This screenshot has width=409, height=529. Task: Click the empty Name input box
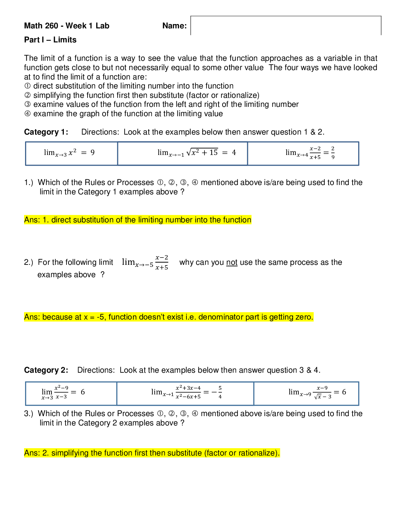click(286, 26)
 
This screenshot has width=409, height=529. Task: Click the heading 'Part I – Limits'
click(50, 40)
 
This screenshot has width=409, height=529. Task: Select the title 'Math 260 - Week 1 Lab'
click(66, 26)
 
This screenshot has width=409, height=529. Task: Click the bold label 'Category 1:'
click(46, 132)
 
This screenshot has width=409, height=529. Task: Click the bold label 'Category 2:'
click(46, 370)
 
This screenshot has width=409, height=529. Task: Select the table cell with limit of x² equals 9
click(71, 153)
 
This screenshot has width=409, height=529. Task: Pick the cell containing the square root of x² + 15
click(183, 153)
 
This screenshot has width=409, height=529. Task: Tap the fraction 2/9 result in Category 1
click(332, 153)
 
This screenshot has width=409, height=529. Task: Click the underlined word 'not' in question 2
click(232, 262)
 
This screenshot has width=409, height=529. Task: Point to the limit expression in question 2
click(145, 262)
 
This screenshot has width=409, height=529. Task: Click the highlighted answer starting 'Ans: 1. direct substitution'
click(138, 220)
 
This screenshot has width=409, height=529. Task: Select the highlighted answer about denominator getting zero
click(169, 317)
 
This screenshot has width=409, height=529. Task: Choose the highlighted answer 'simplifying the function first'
click(152, 453)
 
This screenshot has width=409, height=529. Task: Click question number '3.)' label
click(28, 414)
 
